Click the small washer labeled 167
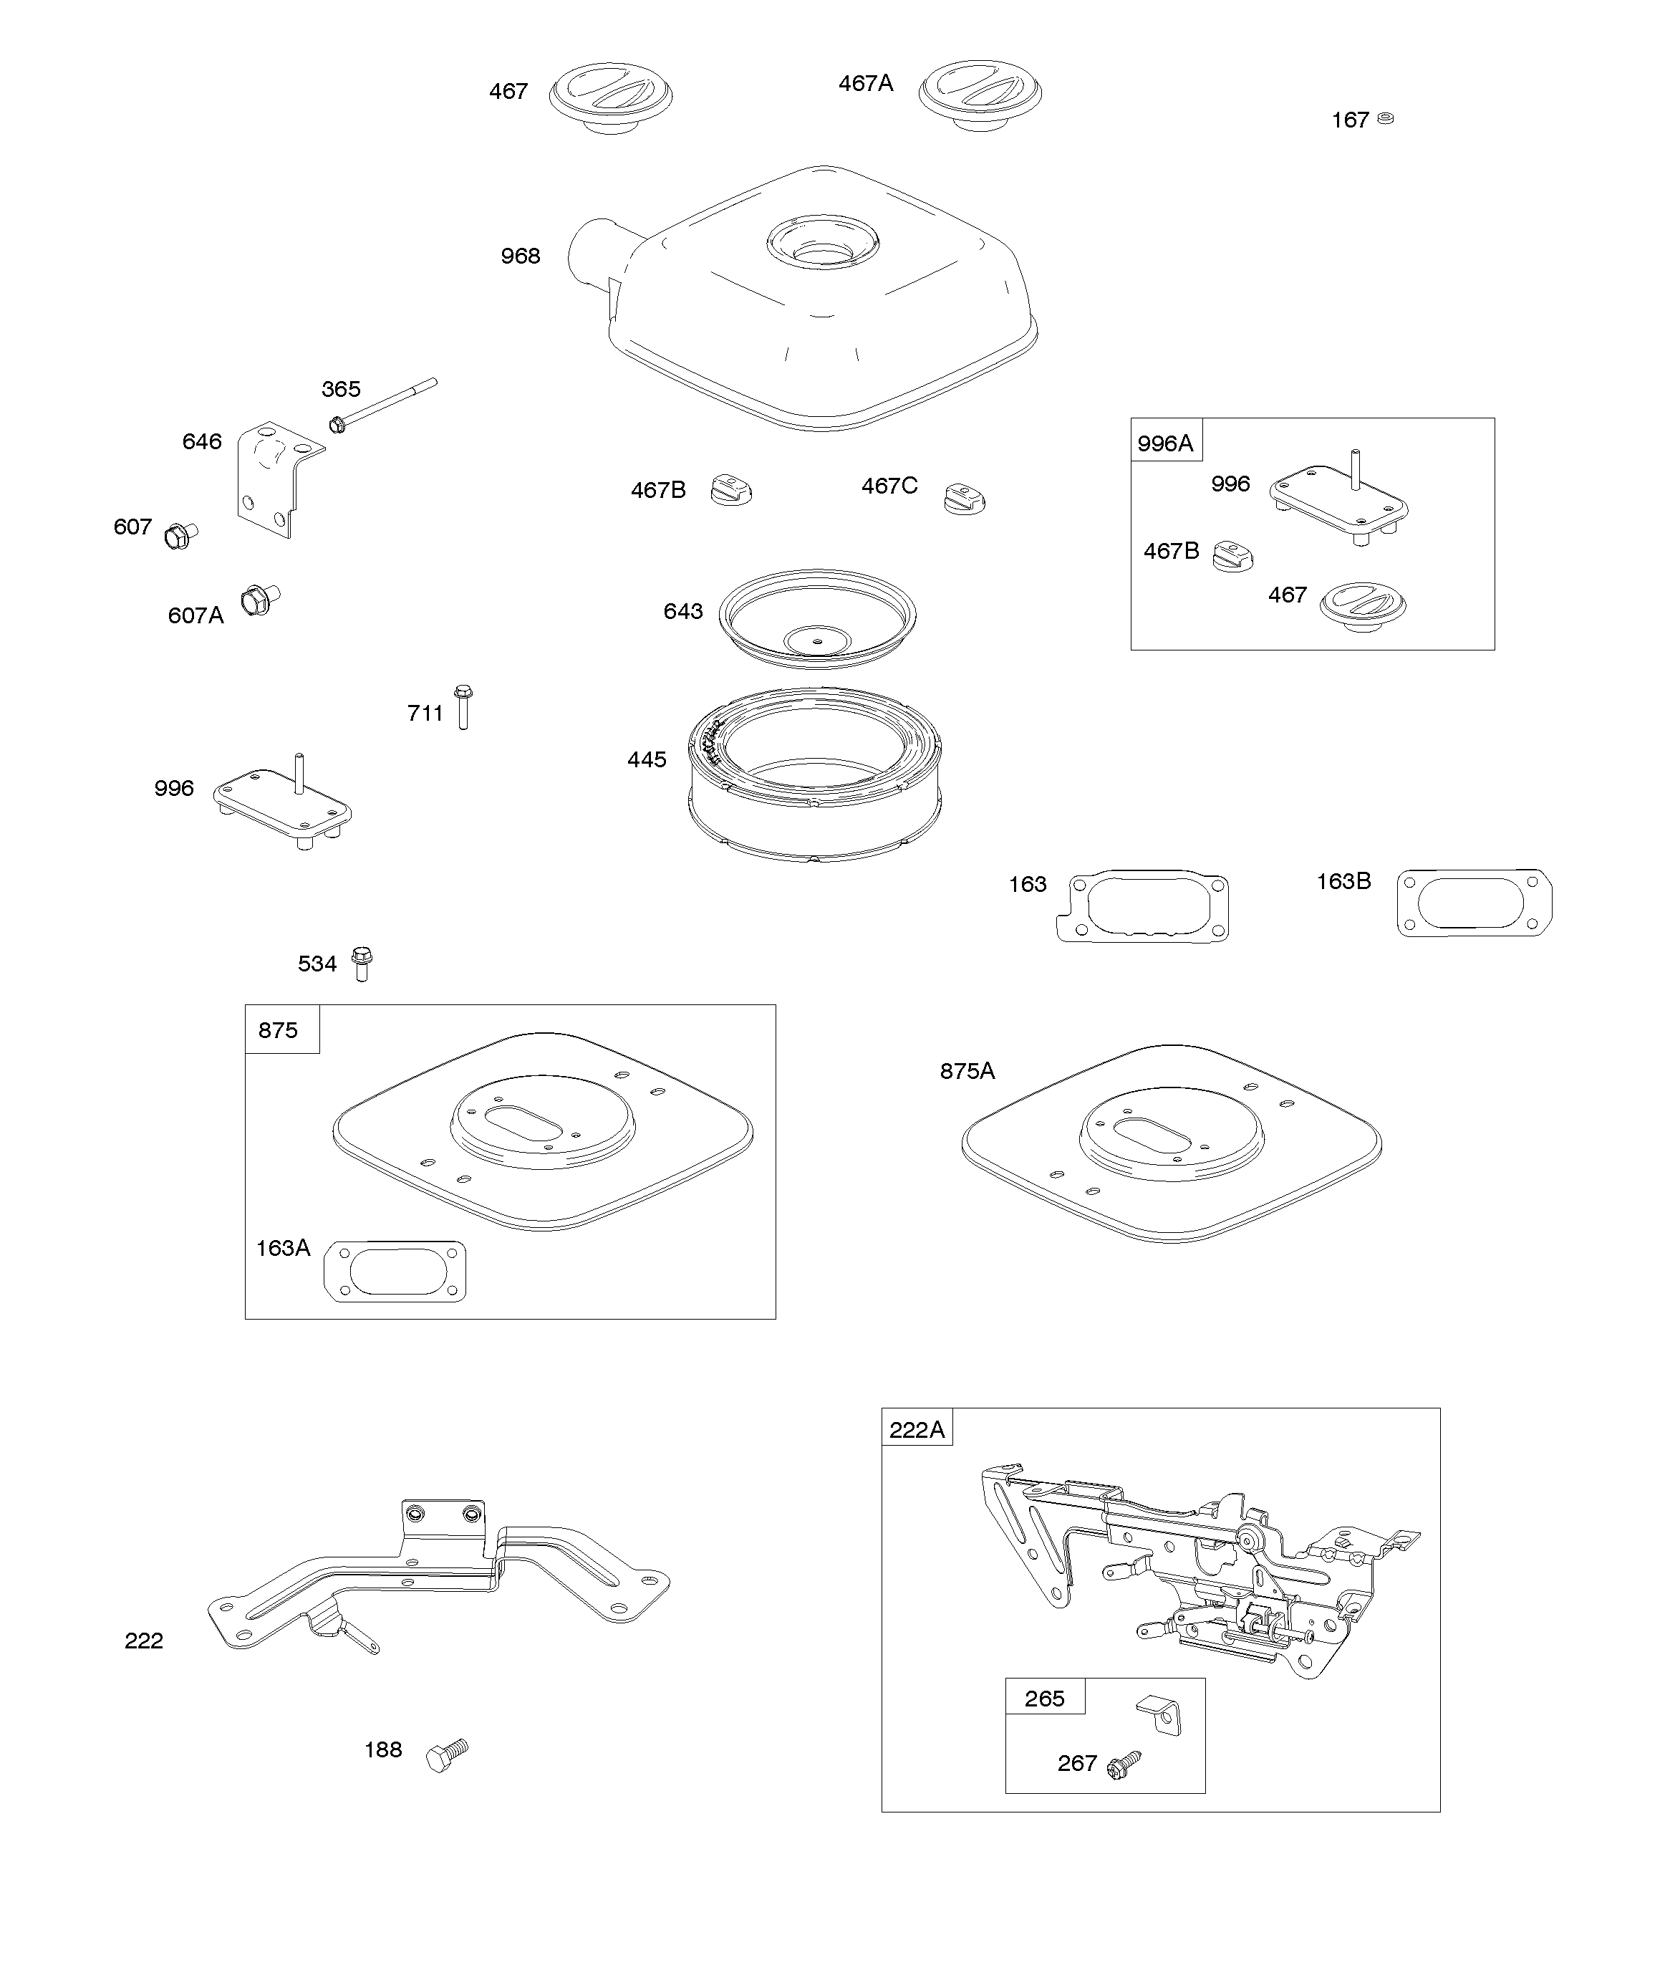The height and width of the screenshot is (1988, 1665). [1385, 118]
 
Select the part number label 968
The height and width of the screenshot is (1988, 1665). [520, 256]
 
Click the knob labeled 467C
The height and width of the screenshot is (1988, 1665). [965, 498]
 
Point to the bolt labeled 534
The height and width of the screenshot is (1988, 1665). [362, 963]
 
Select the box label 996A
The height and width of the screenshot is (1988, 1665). [1165, 443]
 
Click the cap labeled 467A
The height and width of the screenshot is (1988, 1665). [980, 94]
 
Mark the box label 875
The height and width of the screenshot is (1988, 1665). [279, 1030]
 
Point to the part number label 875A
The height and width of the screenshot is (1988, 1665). [967, 1071]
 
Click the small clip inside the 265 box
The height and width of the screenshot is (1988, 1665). [1159, 1714]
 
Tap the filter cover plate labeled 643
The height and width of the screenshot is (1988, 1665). [817, 618]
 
